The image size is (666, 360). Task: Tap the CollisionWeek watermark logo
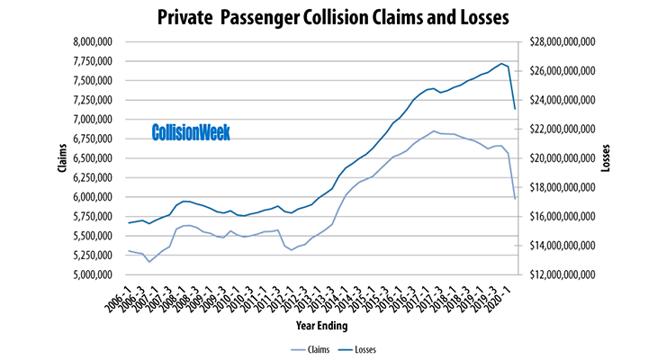pos(191,132)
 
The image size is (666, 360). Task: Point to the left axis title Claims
pos(42,157)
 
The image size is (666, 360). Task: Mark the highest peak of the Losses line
pos(501,63)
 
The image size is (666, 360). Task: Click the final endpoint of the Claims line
pos(515,199)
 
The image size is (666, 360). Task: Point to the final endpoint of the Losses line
pos(515,109)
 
